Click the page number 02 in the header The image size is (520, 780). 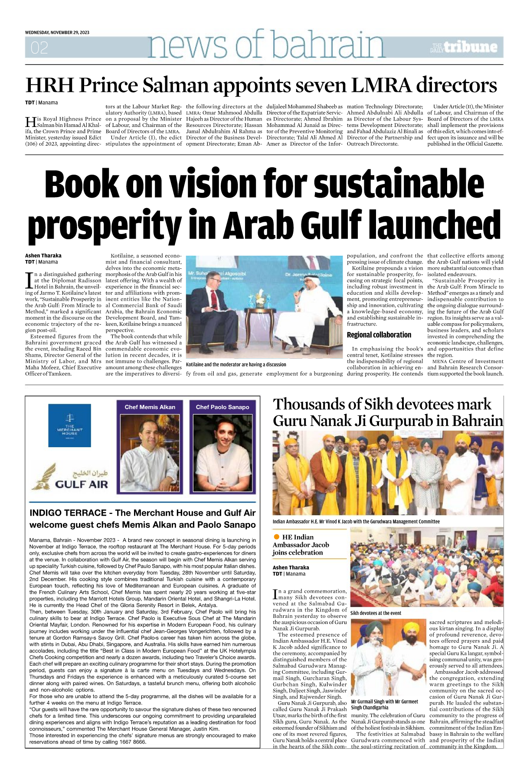point(39,48)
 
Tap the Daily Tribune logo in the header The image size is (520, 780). point(464,47)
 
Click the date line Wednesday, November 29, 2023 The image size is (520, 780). point(57,32)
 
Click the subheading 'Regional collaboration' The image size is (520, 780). point(379,335)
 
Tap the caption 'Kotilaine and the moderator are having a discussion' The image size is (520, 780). point(236,364)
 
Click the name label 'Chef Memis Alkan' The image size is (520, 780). point(150,407)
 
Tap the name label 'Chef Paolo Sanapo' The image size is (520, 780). point(222,407)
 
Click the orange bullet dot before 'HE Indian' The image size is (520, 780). point(277,537)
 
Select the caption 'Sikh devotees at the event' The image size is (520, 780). point(376,613)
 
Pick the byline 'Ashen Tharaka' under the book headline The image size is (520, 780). point(43,256)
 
